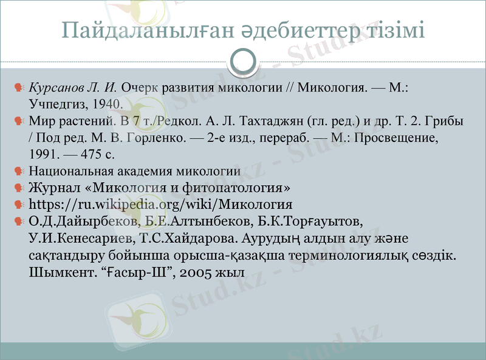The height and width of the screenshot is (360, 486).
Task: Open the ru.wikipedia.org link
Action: pyautogui.click(x=160, y=203)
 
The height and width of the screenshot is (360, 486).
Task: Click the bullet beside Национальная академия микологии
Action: pyautogui.click(x=19, y=171)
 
